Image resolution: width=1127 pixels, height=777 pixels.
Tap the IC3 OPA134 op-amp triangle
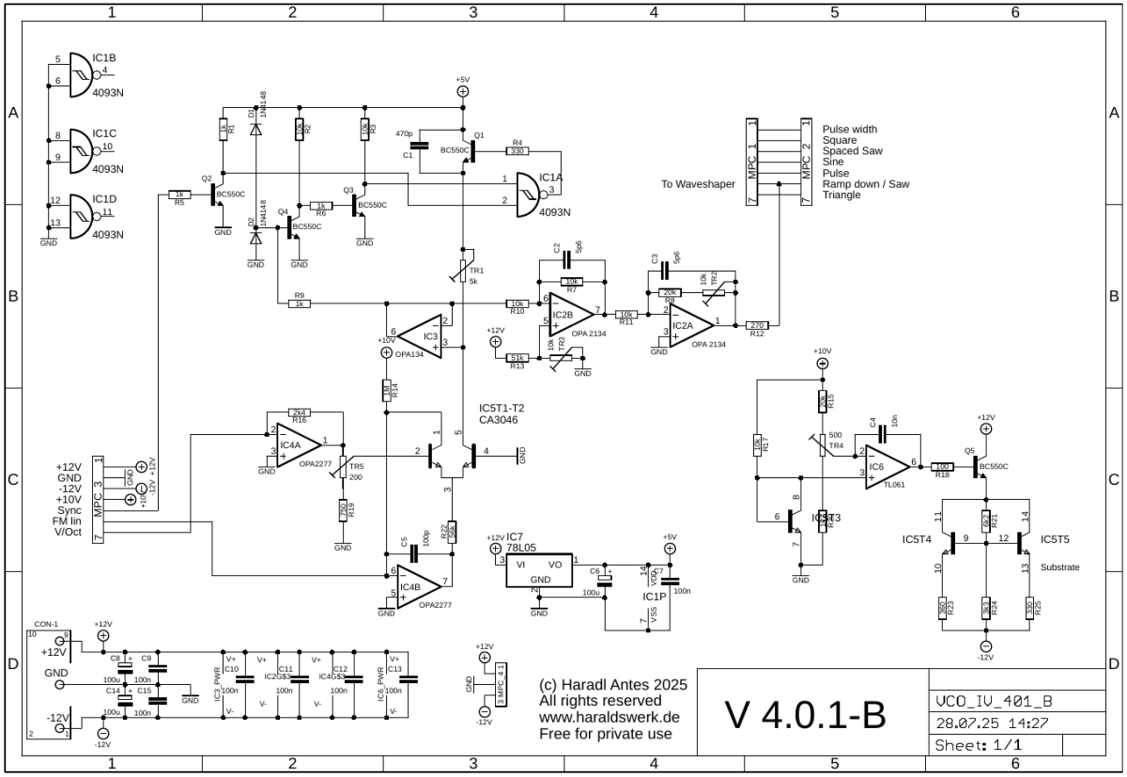(x=426, y=335)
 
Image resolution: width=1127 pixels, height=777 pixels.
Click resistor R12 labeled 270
(x=757, y=326)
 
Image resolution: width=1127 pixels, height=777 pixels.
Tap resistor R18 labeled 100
(x=942, y=466)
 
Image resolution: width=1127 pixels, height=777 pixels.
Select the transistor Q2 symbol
(x=215, y=195)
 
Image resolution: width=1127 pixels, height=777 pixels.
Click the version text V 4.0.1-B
(x=805, y=714)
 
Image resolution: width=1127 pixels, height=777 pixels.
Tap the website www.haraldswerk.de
(x=609, y=716)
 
